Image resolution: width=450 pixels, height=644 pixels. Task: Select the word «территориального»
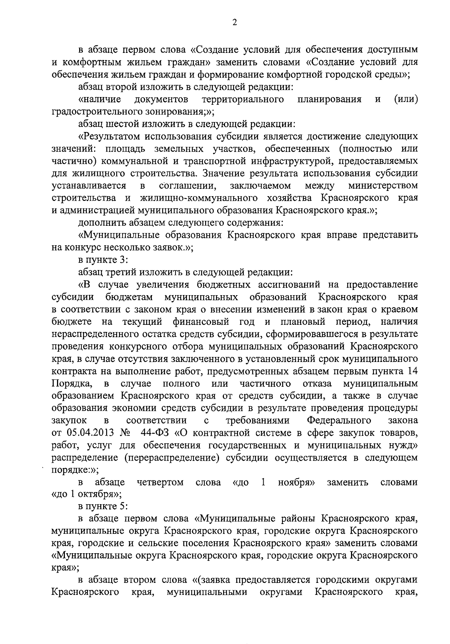point(242,99)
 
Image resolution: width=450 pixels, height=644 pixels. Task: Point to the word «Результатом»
point(114,136)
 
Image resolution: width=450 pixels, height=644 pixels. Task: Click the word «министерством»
point(383,185)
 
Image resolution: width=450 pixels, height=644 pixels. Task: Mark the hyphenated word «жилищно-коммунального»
point(199,198)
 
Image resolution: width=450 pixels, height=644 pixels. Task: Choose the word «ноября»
point(296,482)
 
